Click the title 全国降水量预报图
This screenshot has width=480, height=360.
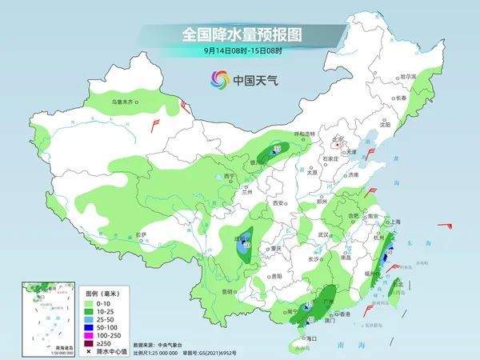[239, 35]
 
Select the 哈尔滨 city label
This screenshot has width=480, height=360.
[409, 75]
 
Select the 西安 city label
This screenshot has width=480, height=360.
[279, 203]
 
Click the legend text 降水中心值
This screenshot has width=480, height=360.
[111, 350]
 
